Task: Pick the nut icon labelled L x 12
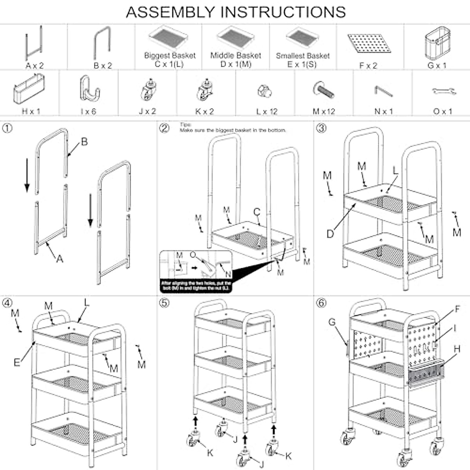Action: pos(265,91)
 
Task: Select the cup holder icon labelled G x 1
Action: pos(436,42)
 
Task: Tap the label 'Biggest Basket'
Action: pos(170,56)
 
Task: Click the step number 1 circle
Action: pos(7,128)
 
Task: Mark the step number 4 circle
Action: pos(7,303)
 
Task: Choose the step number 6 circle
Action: pos(321,303)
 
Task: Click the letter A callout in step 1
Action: pos(60,259)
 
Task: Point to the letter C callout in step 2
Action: pos(257,212)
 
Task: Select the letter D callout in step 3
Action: pos(331,234)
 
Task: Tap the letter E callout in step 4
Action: pos(17,362)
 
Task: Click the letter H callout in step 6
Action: pos(457,349)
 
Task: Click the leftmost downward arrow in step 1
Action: pos(27,174)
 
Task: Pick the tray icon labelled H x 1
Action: pos(29,89)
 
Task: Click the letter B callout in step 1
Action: pos(84,142)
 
